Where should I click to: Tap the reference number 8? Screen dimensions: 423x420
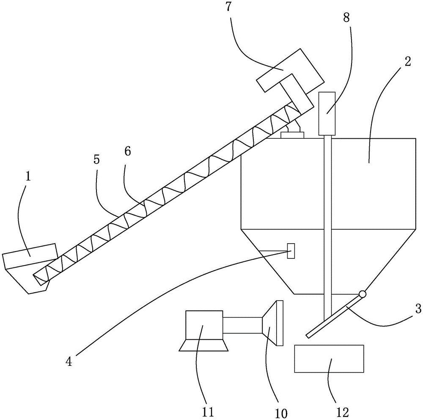pyautogui.click(x=346, y=18)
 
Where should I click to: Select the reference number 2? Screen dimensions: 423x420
pyautogui.click(x=408, y=62)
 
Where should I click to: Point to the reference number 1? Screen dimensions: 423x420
pyautogui.click(x=28, y=176)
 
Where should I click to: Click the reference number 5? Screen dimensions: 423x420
pyautogui.click(x=96, y=160)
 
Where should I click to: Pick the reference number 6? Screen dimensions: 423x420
pyautogui.click(x=128, y=151)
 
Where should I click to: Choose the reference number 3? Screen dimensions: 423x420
pyautogui.click(x=418, y=309)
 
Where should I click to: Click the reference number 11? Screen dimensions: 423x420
pyautogui.click(x=208, y=412)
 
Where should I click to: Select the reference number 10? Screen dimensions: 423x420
pyautogui.click(x=281, y=413)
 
